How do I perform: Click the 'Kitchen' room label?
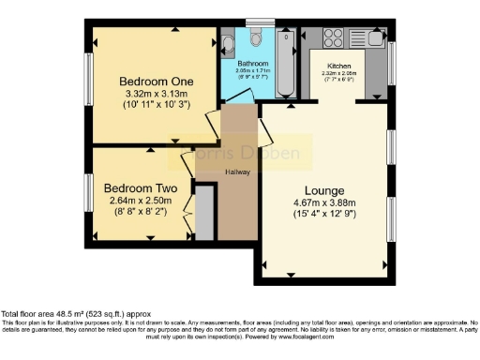(338, 66)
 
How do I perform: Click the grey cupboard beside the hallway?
(204, 212)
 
